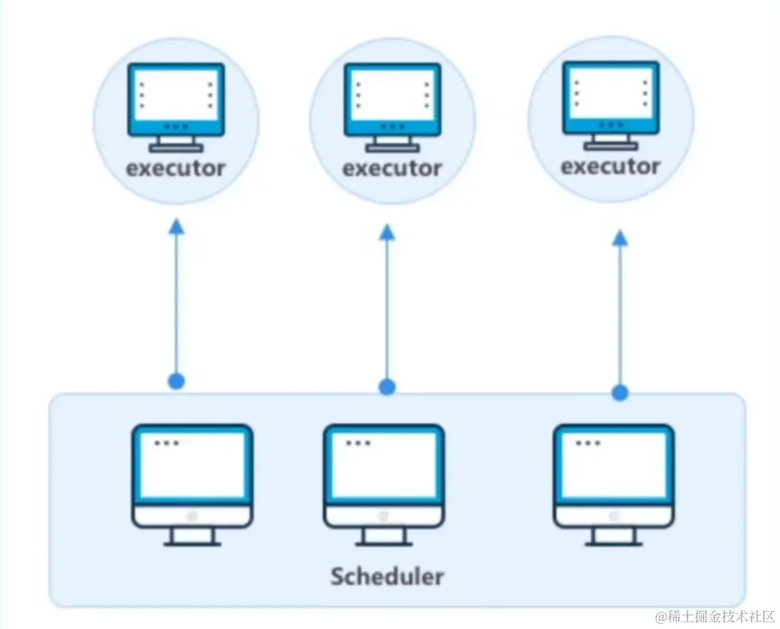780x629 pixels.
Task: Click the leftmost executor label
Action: coord(175,168)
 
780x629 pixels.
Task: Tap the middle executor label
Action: coord(392,168)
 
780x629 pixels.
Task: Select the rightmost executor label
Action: coord(610,166)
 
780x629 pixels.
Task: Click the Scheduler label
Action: coord(387,576)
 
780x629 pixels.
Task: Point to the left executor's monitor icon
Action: coord(175,105)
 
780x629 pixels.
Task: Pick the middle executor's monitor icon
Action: coord(392,105)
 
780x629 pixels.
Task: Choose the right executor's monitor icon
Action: coord(611,102)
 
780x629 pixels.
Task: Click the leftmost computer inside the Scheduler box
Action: coord(193,482)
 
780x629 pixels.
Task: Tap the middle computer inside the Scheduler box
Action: coord(384,482)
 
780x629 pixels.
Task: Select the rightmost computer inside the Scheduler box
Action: coord(614,482)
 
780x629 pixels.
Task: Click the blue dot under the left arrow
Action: coord(176,381)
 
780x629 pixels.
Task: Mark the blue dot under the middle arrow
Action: coord(387,387)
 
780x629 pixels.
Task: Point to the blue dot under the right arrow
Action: coord(620,392)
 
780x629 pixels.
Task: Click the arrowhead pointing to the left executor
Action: coord(176,227)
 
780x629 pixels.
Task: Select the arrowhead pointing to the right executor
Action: coord(620,238)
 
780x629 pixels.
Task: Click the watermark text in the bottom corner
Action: coord(715,617)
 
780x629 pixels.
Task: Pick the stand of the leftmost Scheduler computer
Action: coord(193,536)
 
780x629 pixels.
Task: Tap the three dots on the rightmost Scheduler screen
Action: coord(587,443)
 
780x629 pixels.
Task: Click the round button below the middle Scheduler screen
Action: coord(384,516)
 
